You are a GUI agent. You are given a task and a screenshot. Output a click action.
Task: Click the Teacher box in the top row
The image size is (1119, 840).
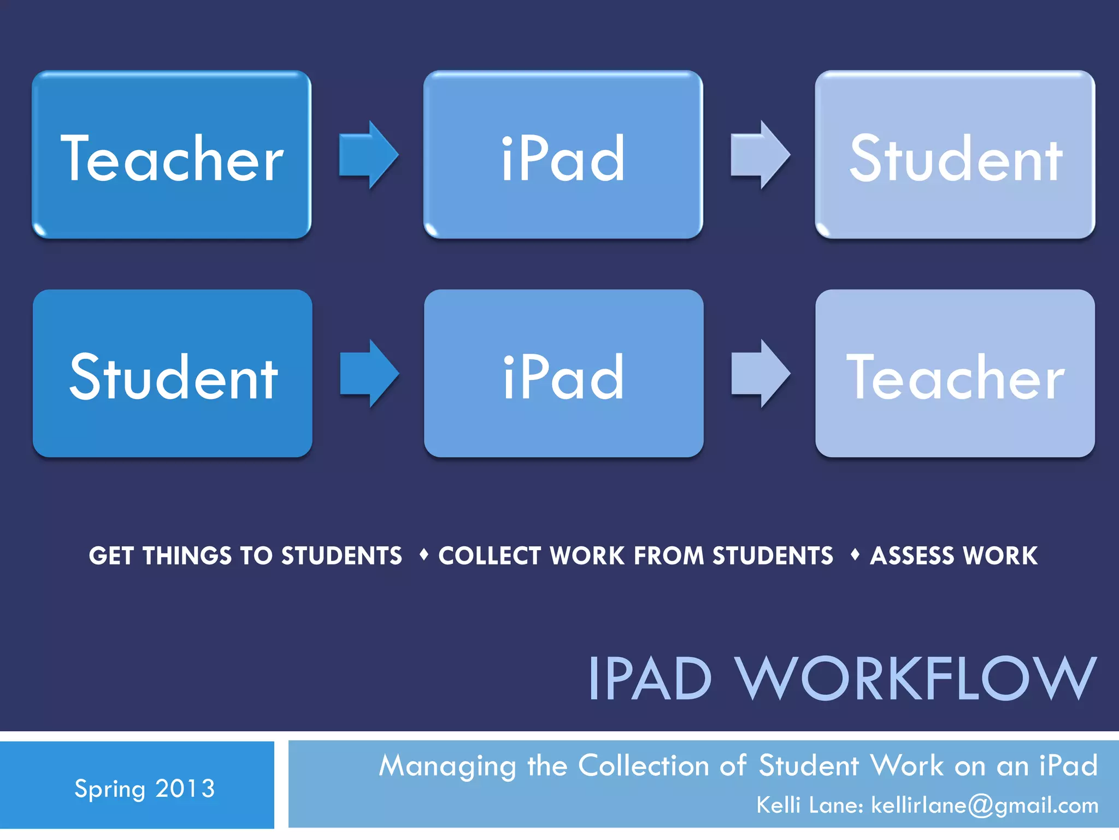[172, 155]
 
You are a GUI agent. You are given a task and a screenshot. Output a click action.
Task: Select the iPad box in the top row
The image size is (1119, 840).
[563, 155]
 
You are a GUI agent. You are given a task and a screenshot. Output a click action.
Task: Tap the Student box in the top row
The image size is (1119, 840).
[955, 155]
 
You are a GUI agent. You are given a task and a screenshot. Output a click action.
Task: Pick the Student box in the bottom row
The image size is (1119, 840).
[173, 374]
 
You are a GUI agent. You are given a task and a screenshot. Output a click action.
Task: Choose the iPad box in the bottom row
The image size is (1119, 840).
[563, 374]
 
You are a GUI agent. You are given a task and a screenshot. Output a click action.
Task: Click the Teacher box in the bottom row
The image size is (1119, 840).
[955, 374]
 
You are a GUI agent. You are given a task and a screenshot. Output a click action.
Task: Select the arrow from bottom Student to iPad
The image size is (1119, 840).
[369, 374]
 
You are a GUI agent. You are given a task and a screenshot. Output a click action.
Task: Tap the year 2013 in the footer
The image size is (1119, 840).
[185, 789]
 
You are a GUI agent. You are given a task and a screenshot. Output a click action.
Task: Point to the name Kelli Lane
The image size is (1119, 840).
[809, 806]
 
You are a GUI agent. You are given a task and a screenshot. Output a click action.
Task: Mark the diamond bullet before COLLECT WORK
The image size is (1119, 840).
[423, 555]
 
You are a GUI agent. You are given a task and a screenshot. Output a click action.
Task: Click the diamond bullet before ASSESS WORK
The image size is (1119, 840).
[855, 555]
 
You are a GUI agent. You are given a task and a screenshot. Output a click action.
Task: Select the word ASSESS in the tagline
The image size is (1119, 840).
[912, 556]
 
